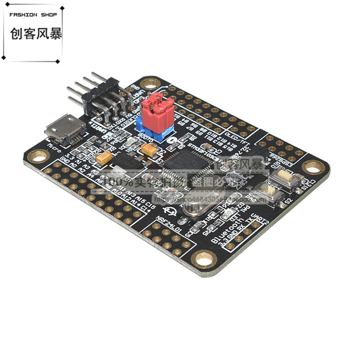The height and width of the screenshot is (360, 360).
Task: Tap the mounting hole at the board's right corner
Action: coord(312,166)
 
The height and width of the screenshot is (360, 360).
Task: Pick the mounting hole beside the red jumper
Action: coord(150,83)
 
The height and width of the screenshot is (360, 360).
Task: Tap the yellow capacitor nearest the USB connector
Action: coord(103,159)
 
